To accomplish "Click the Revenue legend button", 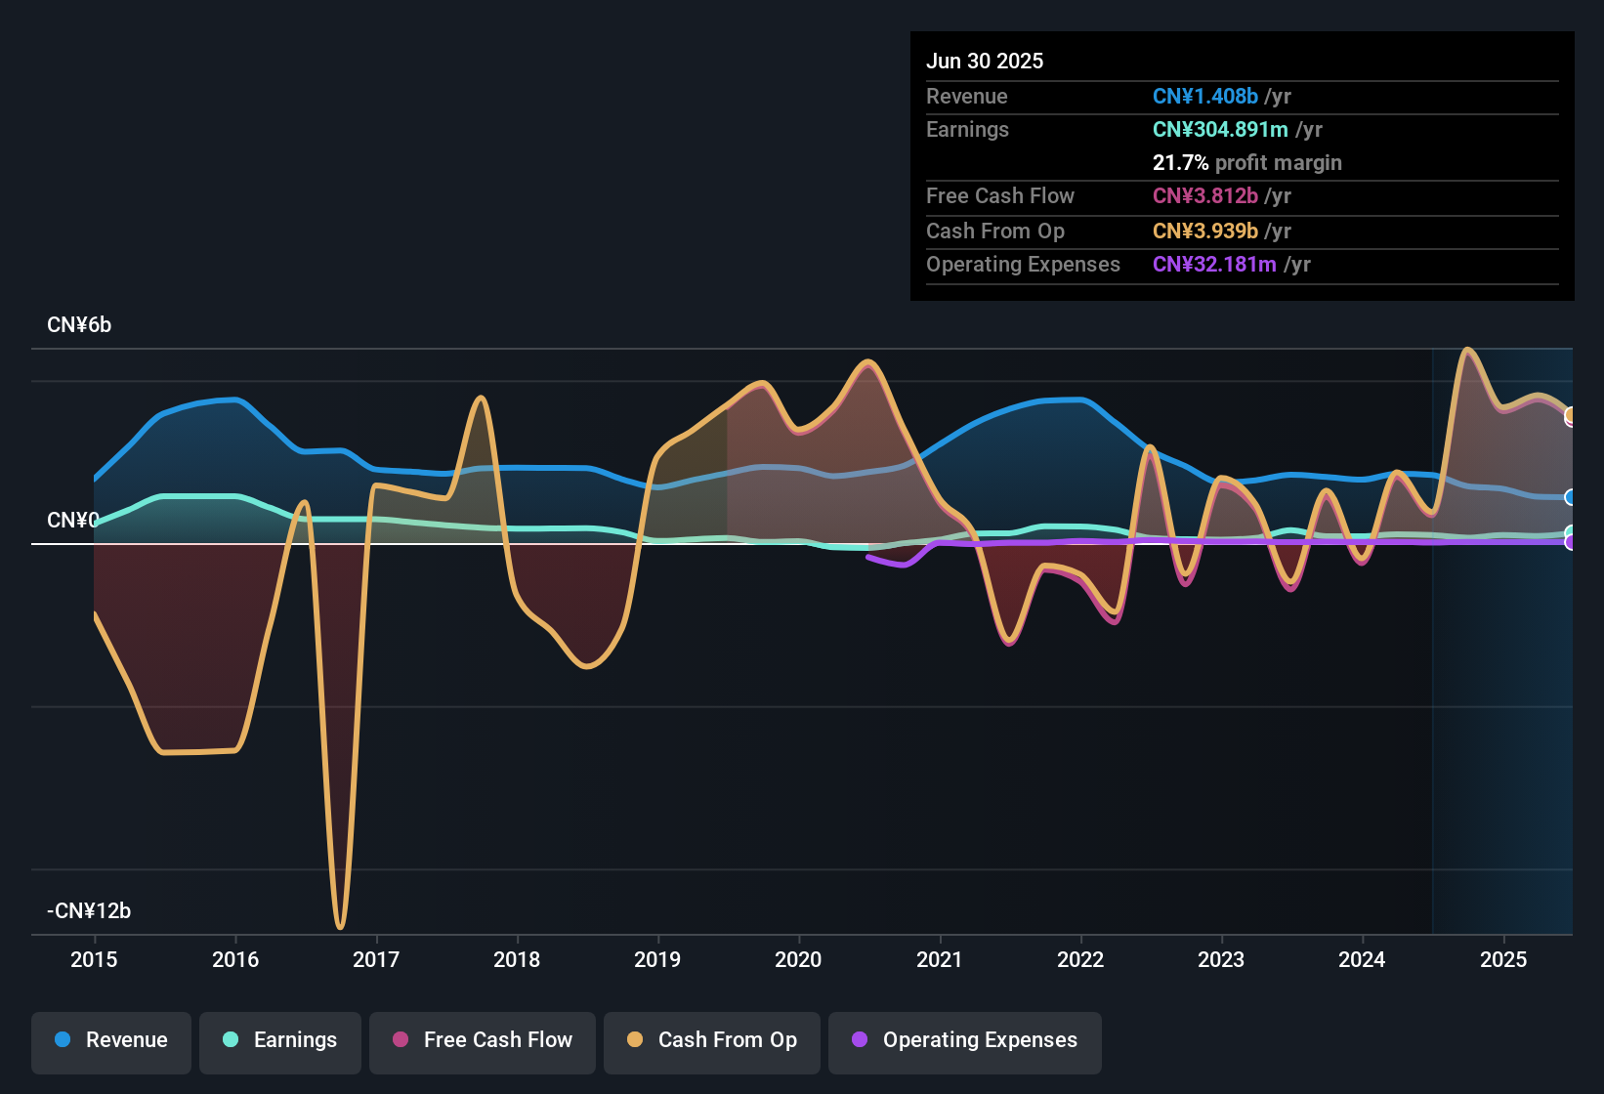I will (111, 1040).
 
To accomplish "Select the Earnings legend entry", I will (280, 1040).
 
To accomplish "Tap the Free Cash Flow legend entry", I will (483, 1040).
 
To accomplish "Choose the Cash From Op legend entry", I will (712, 1040).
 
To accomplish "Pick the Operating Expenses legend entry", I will (965, 1040).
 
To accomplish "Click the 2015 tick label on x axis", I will (94, 960).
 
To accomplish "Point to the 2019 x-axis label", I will (657, 960).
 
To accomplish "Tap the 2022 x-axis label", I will (1080, 960).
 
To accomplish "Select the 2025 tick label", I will (1502, 960).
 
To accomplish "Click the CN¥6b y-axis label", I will (79, 325).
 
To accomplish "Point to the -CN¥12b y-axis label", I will (89, 911).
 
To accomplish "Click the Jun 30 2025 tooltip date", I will (985, 62).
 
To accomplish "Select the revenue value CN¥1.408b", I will (1204, 97).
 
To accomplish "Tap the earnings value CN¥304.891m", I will (1220, 130).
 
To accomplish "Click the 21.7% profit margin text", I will (1246, 163).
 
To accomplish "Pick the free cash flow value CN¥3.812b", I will (1204, 196).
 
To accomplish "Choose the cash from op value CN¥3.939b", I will (1204, 231).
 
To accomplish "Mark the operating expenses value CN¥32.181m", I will (1214, 265).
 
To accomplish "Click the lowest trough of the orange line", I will (340, 926).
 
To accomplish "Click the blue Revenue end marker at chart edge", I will (1570, 497).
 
